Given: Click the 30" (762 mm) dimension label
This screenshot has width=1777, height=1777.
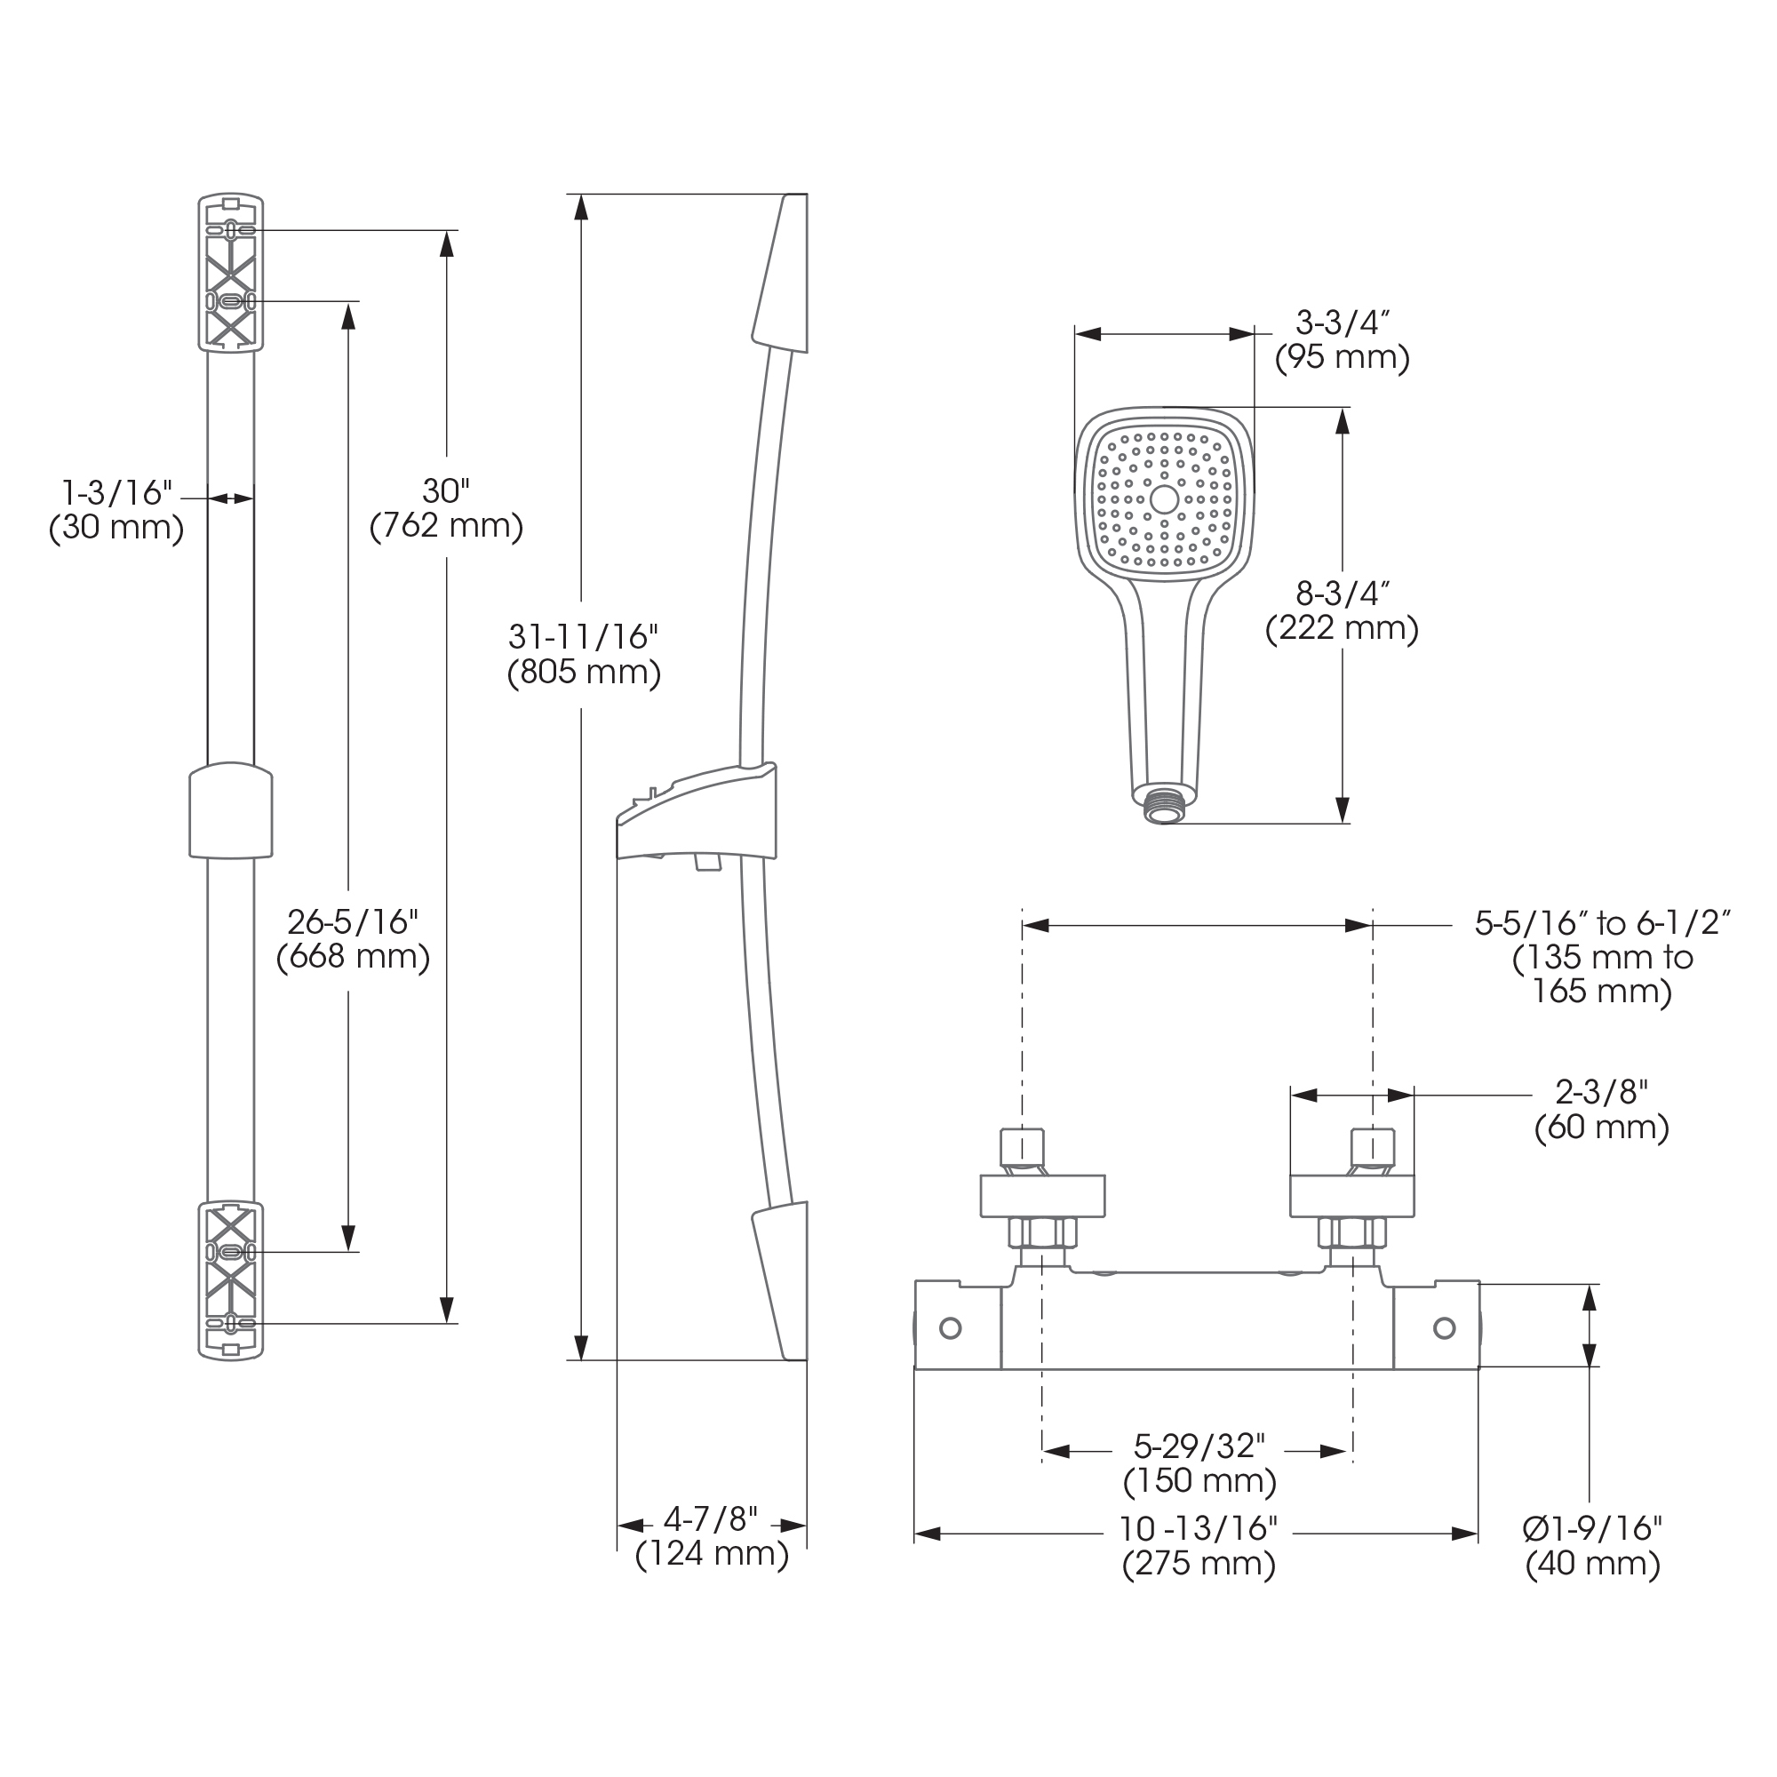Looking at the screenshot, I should pos(446,508).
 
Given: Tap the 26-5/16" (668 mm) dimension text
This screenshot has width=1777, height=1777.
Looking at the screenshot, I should pos(354,940).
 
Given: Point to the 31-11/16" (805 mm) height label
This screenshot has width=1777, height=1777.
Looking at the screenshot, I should pos(584,655).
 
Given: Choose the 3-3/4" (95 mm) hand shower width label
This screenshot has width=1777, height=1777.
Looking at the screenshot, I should pos(1342,339).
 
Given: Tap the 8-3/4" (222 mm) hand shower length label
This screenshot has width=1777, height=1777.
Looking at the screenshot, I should pos(1342,611).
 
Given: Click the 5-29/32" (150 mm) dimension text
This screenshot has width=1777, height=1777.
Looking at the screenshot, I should pos(1199,1463).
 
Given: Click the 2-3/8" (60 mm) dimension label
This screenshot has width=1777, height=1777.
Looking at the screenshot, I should pos(1601,1109).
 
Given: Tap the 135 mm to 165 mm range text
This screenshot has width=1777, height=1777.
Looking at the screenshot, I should pos(1602,975).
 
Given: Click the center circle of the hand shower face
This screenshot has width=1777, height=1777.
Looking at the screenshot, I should pos(1165,499).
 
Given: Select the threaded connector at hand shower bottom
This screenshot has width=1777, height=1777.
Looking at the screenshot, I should pos(1164,807).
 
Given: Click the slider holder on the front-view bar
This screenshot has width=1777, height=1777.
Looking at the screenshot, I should pos(231,810).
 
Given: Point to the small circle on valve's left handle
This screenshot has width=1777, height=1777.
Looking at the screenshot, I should pos(950,1327).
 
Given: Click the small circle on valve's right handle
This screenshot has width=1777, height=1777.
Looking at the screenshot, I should pos(1444,1327).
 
